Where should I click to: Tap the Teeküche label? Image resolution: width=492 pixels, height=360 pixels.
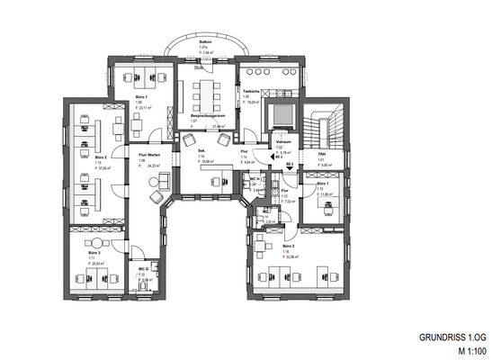(x=250, y=92)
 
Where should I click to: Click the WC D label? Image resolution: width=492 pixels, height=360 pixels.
(x=143, y=269)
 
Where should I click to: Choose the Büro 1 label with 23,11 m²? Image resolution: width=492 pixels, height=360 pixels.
(x=141, y=96)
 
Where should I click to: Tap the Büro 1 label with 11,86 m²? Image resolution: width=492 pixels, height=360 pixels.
(x=322, y=184)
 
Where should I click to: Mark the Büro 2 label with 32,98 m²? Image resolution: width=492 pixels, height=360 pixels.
(x=288, y=246)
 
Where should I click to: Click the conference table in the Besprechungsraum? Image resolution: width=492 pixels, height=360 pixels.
(x=206, y=92)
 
